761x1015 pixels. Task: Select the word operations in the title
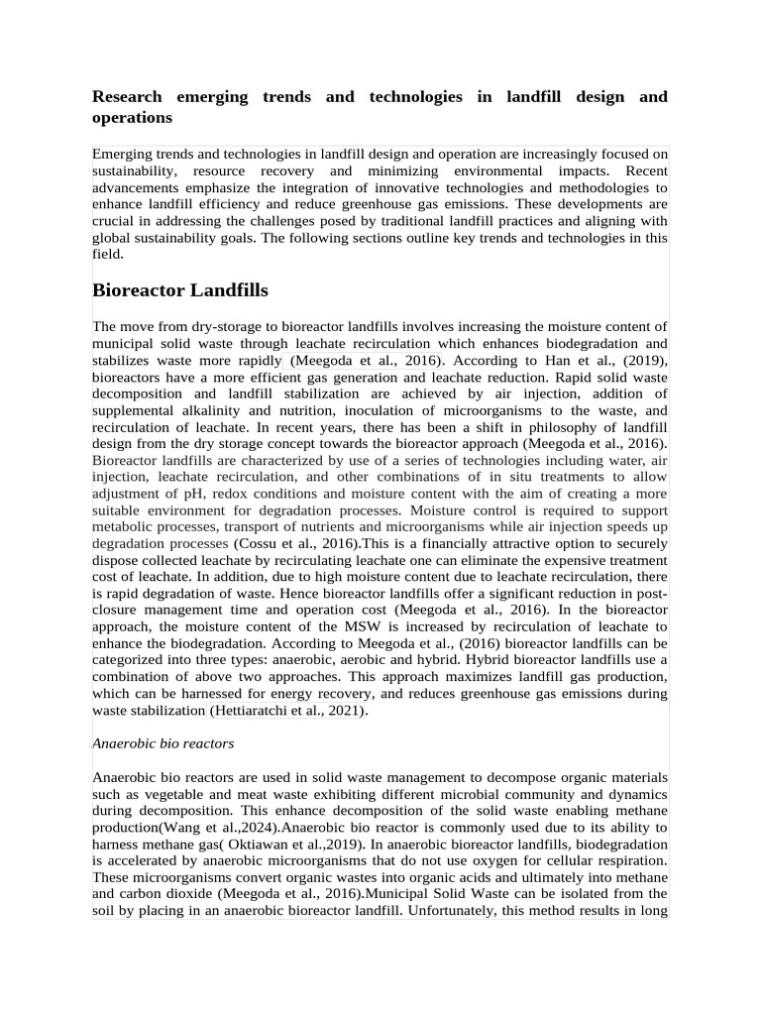(x=132, y=118)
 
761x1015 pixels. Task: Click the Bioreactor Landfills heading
(x=179, y=290)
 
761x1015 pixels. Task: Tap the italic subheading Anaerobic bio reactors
(x=163, y=742)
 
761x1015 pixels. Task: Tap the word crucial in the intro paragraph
(x=113, y=221)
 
